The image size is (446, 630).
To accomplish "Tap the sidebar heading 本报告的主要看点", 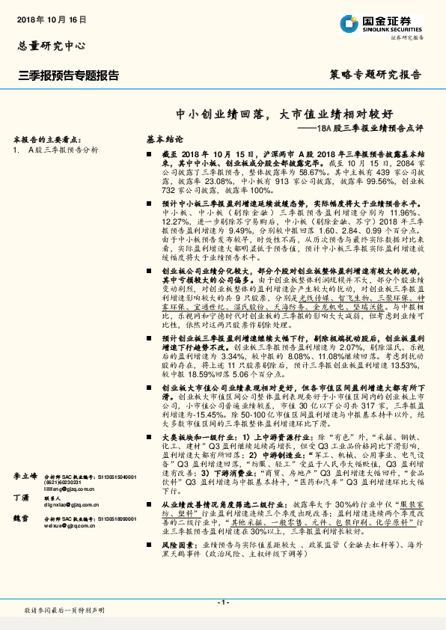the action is [x=46, y=139].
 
